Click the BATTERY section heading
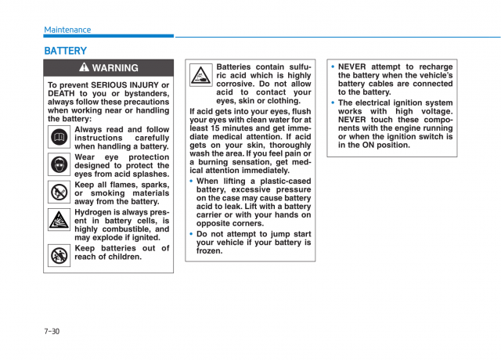pos(66,51)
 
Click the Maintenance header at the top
pos(67,30)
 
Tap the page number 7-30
pos(52,331)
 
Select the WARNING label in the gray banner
pos(115,68)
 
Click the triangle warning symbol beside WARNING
pos(85,68)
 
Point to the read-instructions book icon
pos(59,139)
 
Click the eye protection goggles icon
pos(59,165)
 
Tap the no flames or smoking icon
pos(59,193)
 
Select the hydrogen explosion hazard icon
pos(59,221)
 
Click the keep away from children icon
pos(59,254)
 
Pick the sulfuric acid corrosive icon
pos(200,76)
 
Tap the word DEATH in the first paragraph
pos(62,93)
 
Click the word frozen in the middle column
pos(209,251)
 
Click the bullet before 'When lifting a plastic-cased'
pos(191,182)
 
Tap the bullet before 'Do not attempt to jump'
pos(191,234)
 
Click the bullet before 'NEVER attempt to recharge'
pos(333,67)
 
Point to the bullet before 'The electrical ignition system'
pos(333,103)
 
